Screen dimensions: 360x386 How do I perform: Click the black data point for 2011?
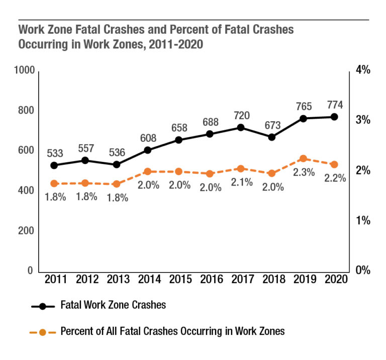(54, 165)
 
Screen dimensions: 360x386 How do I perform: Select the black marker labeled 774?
(334, 117)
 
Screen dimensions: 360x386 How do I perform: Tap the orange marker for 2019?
(303, 159)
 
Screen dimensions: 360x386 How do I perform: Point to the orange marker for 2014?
(148, 171)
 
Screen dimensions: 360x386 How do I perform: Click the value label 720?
(241, 116)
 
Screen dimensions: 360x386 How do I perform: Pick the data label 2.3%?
(304, 172)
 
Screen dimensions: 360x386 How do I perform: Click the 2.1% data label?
(242, 183)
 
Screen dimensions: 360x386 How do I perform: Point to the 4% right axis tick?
(363, 70)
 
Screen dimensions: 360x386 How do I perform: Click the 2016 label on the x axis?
(210, 280)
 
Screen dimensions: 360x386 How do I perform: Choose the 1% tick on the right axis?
(363, 220)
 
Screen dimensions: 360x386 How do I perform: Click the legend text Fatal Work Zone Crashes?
(113, 305)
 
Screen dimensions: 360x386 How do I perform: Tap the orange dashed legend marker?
(43, 332)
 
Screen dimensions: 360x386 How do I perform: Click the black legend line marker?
(43, 305)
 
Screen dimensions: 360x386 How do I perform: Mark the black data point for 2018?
(272, 137)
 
